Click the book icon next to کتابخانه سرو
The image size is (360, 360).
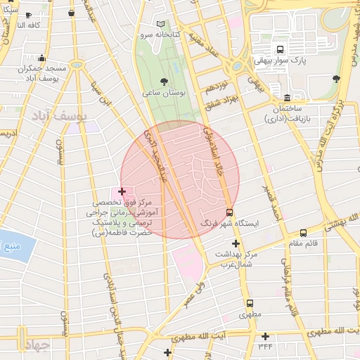click(x=161, y=24)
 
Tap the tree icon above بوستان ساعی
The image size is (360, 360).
click(x=165, y=82)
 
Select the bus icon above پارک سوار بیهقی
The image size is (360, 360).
click(x=281, y=50)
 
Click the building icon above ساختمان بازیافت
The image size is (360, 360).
click(x=287, y=97)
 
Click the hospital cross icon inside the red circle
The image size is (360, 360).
click(x=122, y=191)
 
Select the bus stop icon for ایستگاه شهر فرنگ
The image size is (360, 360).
click(x=230, y=211)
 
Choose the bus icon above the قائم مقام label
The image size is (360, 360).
click(x=303, y=233)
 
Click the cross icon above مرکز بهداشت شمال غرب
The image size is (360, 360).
click(x=236, y=243)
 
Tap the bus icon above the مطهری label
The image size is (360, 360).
click(x=249, y=303)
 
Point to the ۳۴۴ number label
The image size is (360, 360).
click(x=265, y=345)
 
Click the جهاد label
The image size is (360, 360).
click(x=32, y=345)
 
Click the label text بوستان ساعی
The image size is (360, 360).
click(x=163, y=93)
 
